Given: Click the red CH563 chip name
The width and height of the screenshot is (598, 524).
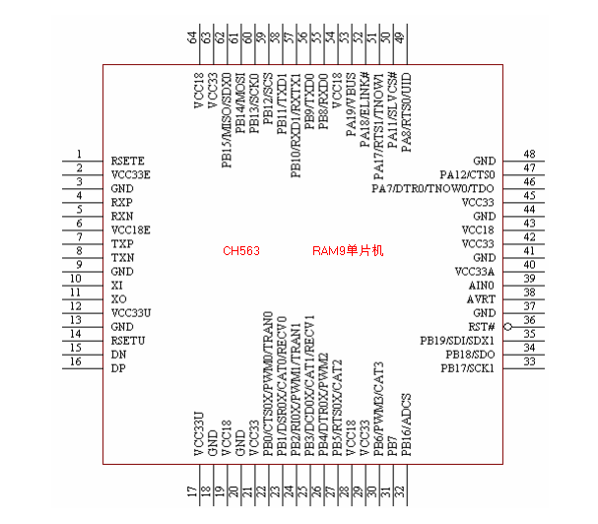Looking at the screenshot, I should [241, 252].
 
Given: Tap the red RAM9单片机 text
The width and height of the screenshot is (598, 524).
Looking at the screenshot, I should [347, 252].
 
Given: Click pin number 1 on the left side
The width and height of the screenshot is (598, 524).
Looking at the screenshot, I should [79, 155].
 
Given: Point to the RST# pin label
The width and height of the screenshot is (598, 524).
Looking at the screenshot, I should [481, 326].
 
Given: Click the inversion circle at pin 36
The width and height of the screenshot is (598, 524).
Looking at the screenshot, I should [507, 326].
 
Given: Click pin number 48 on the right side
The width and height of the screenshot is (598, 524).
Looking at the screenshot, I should [529, 155].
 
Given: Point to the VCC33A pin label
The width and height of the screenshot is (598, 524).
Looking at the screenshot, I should [474, 271].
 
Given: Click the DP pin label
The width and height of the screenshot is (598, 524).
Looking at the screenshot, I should [118, 367].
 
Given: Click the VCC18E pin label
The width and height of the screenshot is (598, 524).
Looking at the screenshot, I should [131, 229].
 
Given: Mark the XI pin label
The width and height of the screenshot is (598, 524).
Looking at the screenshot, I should [117, 285].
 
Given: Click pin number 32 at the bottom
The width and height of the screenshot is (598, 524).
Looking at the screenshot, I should [400, 491].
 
